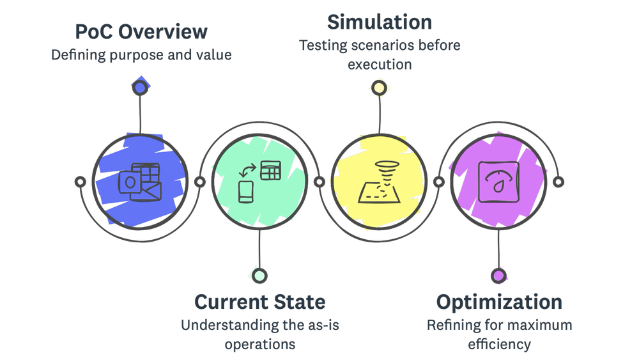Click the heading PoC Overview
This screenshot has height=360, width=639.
coord(141,31)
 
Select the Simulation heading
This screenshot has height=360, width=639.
coord(380,22)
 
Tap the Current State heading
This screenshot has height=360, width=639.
coord(259,302)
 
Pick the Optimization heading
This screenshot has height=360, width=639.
coord(499,302)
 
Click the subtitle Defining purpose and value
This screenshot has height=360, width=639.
coord(141,55)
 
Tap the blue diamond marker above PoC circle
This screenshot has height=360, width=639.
coord(139,86)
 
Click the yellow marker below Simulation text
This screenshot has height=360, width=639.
coord(379,88)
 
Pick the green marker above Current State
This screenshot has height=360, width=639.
coord(259,276)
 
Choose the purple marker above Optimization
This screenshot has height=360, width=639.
coord(498,276)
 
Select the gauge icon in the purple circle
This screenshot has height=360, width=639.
coord(498,182)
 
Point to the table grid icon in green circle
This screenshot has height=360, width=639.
coord(271,170)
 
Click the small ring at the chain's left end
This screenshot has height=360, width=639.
coord(80,182)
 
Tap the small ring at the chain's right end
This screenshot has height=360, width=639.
coord(558,182)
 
